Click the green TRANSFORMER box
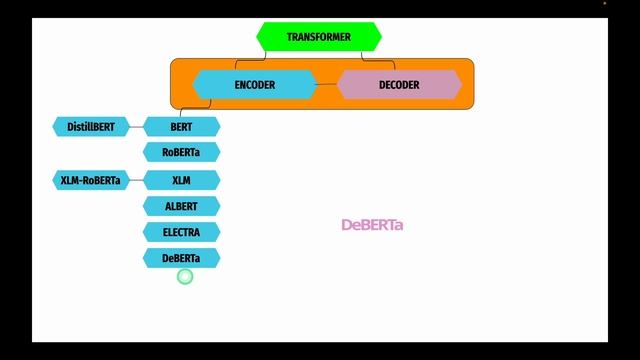tap(318, 37)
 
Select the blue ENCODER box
tap(254, 85)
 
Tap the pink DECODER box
tap(398, 85)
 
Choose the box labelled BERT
tap(181, 127)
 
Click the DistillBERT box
tap(91, 127)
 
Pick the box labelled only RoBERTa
tap(181, 152)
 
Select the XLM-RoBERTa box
tap(91, 181)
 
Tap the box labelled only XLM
tap(181, 181)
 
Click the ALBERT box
tap(181, 207)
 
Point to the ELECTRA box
tap(181, 232)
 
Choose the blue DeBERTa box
tap(181, 258)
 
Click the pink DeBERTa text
tap(372, 225)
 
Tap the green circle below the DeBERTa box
tap(184, 276)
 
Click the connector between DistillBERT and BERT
tap(137, 127)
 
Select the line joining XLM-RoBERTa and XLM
tap(137, 181)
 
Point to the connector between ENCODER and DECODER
tap(327, 85)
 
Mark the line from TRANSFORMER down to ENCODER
tap(265, 61)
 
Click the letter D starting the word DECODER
tap(382, 85)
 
